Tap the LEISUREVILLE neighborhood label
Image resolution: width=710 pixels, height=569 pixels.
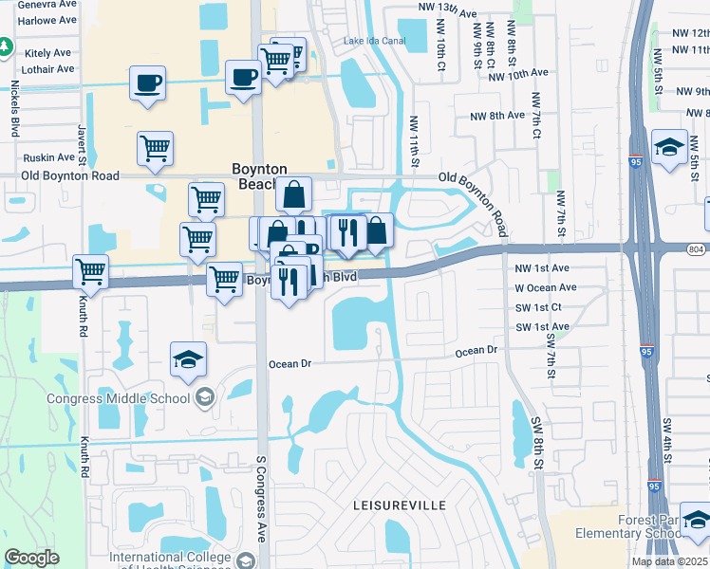[400, 505]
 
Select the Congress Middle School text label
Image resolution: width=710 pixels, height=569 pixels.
[119, 398]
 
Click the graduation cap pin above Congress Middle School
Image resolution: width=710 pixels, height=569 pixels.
[188, 359]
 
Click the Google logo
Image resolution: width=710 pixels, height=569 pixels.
[31, 558]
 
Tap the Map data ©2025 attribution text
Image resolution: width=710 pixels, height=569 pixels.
[670, 561]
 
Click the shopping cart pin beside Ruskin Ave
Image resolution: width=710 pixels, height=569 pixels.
[155, 147]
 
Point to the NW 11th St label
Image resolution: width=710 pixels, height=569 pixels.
[414, 143]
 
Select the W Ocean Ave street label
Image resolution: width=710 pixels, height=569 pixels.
[545, 287]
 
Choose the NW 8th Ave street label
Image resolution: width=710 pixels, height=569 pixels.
[496, 115]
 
